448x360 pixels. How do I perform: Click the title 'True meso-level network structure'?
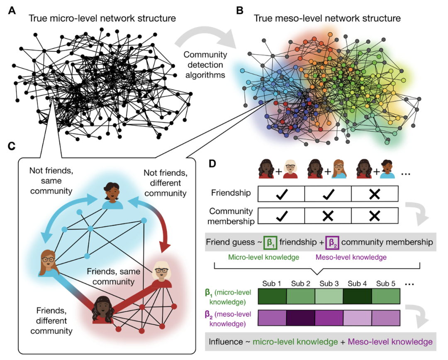(x=327, y=19)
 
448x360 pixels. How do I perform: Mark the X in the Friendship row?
(x=375, y=193)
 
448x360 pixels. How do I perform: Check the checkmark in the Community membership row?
(x=281, y=216)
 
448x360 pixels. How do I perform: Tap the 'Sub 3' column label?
(x=329, y=284)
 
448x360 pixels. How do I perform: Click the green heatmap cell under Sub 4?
(x=357, y=297)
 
